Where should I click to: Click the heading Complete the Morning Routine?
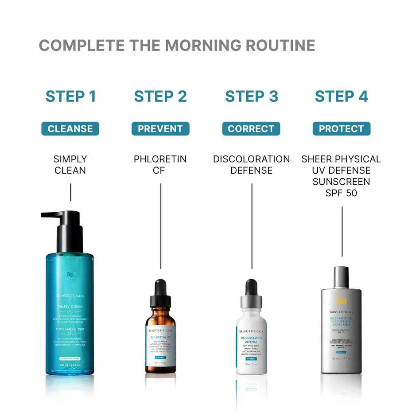click(177, 46)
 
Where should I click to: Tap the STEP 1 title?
click(70, 96)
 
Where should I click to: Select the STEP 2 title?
click(160, 96)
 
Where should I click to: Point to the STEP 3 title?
click(251, 96)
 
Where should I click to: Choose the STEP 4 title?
click(342, 96)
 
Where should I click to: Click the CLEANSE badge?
click(70, 129)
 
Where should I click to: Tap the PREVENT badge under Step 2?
click(160, 129)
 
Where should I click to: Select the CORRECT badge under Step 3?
click(251, 129)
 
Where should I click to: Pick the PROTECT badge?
click(342, 129)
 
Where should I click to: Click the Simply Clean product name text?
click(70, 164)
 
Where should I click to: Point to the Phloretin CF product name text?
click(160, 164)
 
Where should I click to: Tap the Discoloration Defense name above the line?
click(251, 164)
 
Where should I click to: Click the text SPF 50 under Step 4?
click(341, 193)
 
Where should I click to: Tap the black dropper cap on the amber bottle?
click(160, 292)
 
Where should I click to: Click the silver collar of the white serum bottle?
click(251, 302)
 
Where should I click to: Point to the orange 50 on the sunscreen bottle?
click(341, 301)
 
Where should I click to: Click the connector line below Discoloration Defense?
click(252, 226)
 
